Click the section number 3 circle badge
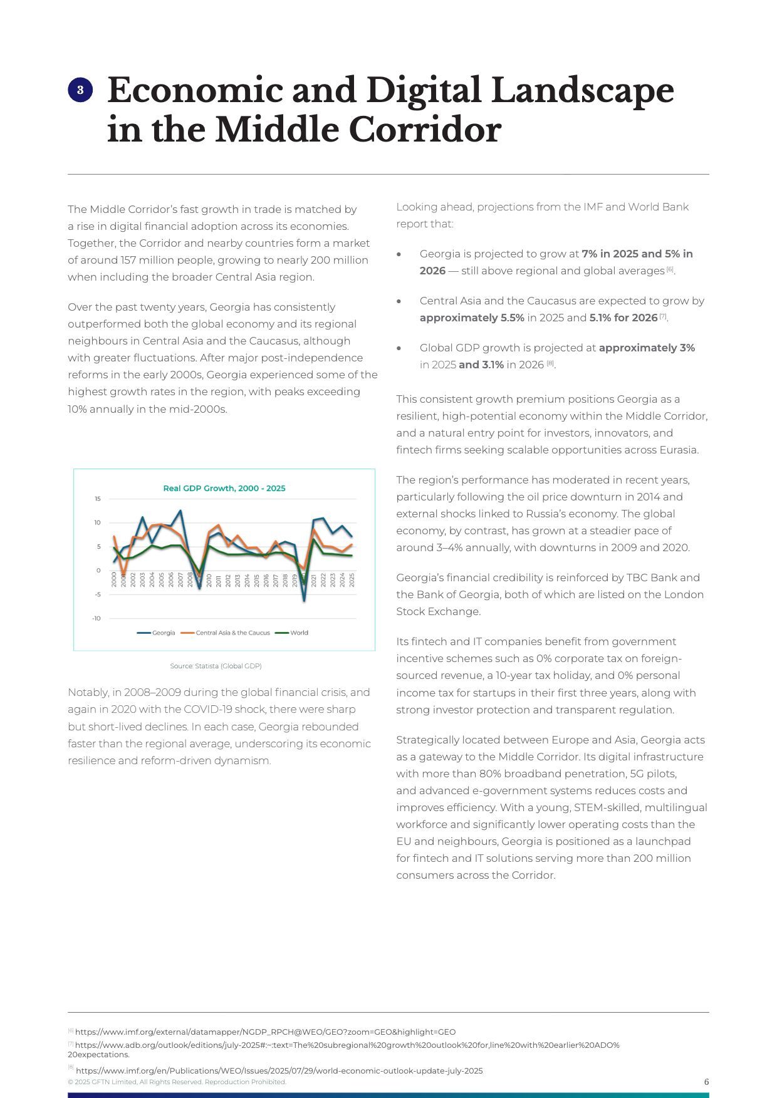pyautogui.click(x=80, y=90)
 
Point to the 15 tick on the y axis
pyautogui.click(x=97, y=499)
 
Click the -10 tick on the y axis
pyautogui.click(x=96, y=618)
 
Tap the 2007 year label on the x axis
pyautogui.click(x=180, y=579)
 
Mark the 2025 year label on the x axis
pyautogui.click(x=352, y=579)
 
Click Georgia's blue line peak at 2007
pyautogui.click(x=180, y=511)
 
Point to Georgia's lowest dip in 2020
pyautogui.click(x=304, y=601)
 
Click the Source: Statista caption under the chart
pyautogui.click(x=216, y=666)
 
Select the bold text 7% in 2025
pyautogui.click(x=610, y=254)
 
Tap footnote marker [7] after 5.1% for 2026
pyautogui.click(x=663, y=316)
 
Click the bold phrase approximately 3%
pyautogui.click(x=647, y=348)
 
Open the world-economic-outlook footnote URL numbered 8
pyautogui.click(x=279, y=1070)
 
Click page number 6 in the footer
pyautogui.click(x=706, y=1082)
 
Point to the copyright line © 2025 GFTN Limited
pyautogui.click(x=177, y=1082)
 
